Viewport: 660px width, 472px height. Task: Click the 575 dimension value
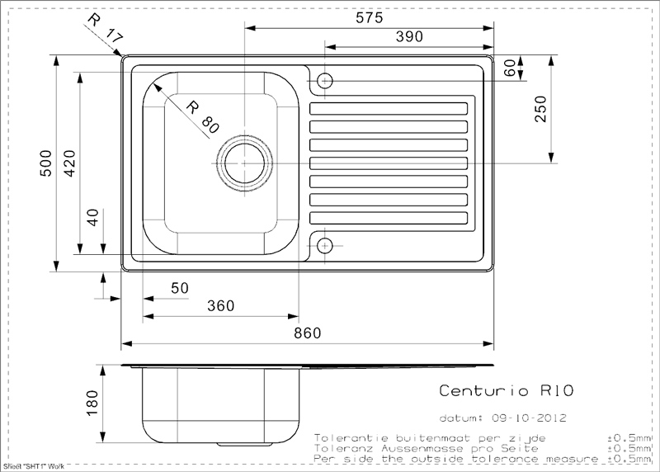369,17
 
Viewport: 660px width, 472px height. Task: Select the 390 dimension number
409,36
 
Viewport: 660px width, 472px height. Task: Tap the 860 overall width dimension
307,333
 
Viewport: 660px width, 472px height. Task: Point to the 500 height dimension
45,163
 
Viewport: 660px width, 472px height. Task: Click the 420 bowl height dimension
69,163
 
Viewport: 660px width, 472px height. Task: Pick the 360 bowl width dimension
220,305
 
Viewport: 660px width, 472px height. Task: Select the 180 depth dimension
92,403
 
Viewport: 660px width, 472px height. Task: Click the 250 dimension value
540,109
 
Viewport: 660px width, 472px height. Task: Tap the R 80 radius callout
202,117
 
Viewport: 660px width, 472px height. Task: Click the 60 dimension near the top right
509,68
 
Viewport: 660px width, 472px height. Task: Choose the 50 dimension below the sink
180,288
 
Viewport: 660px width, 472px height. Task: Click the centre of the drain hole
244,163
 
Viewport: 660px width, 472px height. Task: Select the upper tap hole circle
324,80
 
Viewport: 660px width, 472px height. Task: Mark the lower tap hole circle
324,245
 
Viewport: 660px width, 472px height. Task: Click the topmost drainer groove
389,109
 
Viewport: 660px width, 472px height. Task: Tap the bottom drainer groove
389,218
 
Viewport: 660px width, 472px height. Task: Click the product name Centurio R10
507,390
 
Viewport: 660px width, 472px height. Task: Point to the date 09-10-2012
529,418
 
